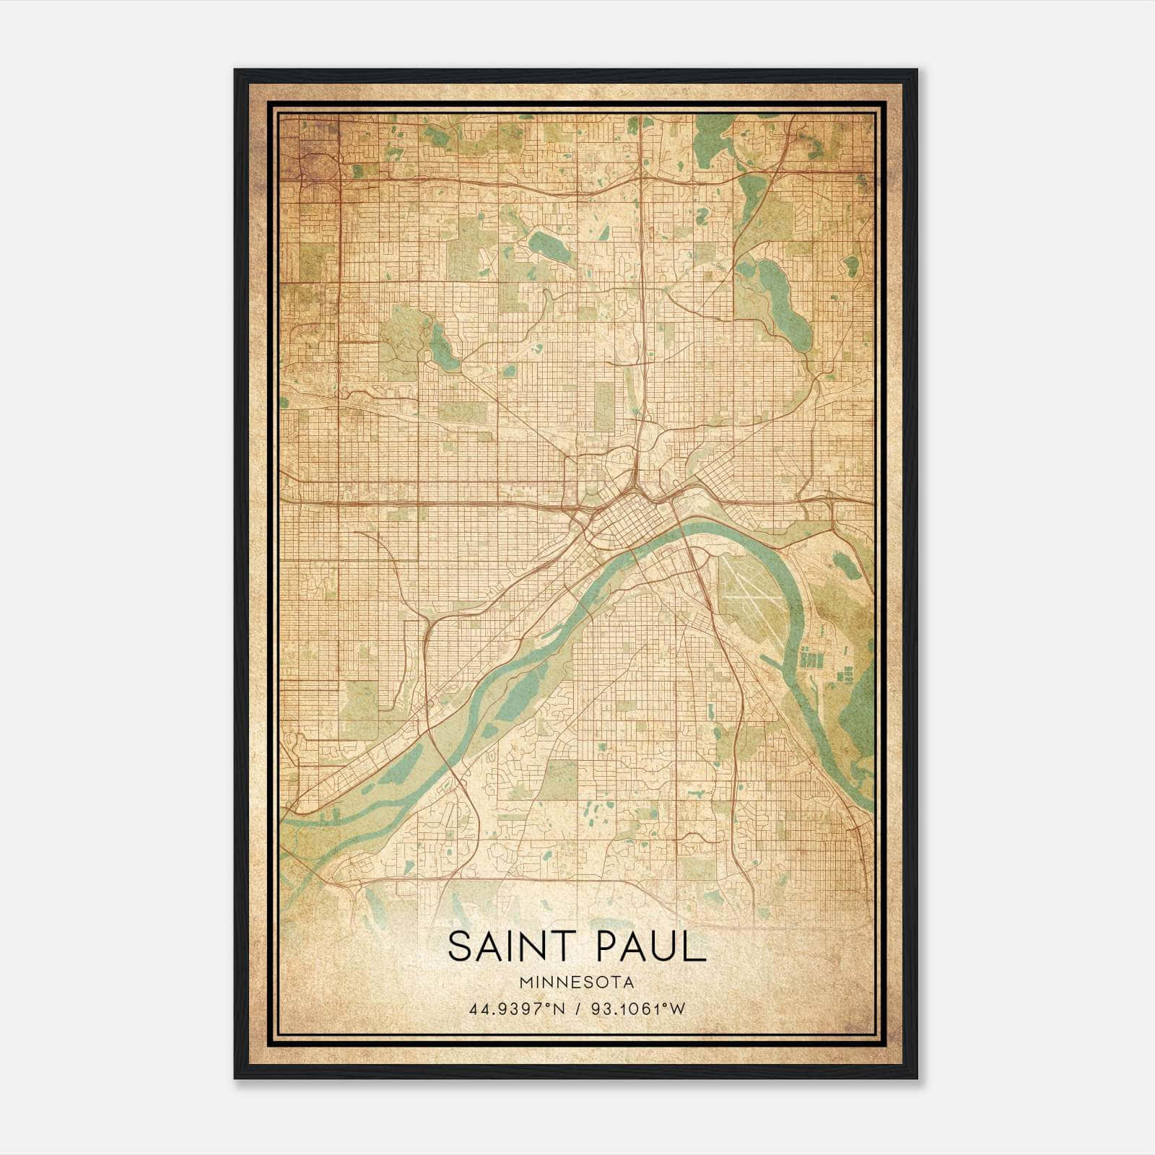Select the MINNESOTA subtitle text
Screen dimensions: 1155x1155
pos(577,982)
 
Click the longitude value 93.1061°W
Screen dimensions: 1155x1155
pos(638,1008)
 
